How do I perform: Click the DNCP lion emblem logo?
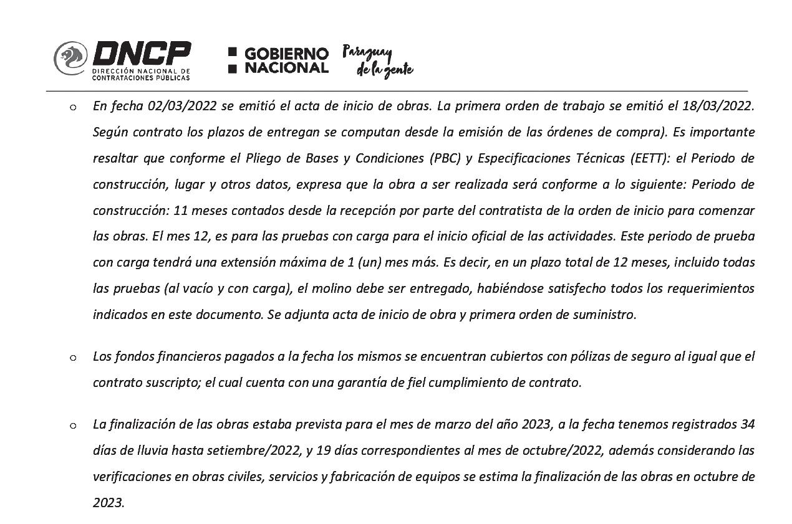[x=70, y=59]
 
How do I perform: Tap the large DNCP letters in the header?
[x=142, y=54]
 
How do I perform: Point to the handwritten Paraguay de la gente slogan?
[x=377, y=61]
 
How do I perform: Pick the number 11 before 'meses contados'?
[x=181, y=211]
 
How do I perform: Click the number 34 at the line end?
[x=747, y=424]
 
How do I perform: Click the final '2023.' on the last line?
[x=109, y=503]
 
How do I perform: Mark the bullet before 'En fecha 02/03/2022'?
[x=73, y=107]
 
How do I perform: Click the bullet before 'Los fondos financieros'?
[x=73, y=358]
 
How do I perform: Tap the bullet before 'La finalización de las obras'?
[x=73, y=426]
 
